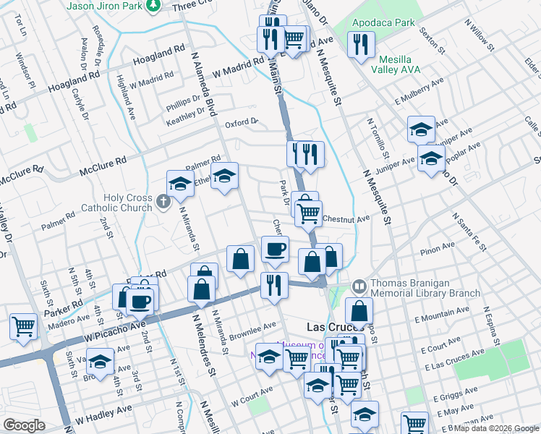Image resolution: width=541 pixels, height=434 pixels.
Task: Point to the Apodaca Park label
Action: (383, 22)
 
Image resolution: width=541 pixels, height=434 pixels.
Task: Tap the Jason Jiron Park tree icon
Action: (153, 6)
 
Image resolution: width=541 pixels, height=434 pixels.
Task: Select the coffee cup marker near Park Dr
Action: (274, 250)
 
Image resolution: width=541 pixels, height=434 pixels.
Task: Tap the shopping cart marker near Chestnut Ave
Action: (309, 213)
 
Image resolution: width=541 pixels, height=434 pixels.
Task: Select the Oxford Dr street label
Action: (242, 122)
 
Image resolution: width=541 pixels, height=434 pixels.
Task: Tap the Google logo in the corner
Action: (24, 425)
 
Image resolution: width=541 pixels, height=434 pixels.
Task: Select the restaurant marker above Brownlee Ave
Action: (274, 284)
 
